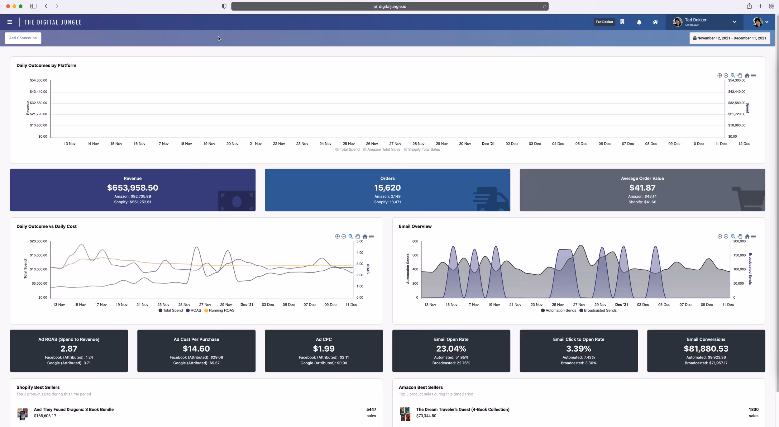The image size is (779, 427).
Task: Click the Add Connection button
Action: click(23, 38)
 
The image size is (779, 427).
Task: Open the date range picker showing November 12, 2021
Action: click(729, 38)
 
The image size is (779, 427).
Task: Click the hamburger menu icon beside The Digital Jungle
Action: click(10, 22)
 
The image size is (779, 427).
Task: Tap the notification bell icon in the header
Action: click(639, 22)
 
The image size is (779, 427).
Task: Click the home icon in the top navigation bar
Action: click(655, 22)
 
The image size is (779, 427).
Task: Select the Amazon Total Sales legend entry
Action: click(383, 149)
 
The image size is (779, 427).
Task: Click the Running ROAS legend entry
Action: click(221, 311)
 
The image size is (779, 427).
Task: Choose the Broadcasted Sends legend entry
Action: click(600, 311)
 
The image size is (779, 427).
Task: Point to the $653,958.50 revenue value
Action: click(132, 188)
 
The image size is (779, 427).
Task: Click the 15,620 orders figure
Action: click(387, 188)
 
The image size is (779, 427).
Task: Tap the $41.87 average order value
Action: click(642, 188)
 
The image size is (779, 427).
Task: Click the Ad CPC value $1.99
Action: click(323, 349)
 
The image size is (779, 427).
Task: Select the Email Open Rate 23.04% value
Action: click(451, 349)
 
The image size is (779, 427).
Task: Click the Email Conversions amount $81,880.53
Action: click(706, 349)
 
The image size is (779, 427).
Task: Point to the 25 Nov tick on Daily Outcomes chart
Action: click(348, 144)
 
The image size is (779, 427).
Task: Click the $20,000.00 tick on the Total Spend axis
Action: click(38, 241)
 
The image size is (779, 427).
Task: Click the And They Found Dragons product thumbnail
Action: click(22, 414)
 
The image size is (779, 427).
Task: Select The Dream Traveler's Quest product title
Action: click(462, 410)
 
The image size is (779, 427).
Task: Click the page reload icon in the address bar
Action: click(544, 7)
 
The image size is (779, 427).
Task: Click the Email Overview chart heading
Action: click(415, 226)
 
